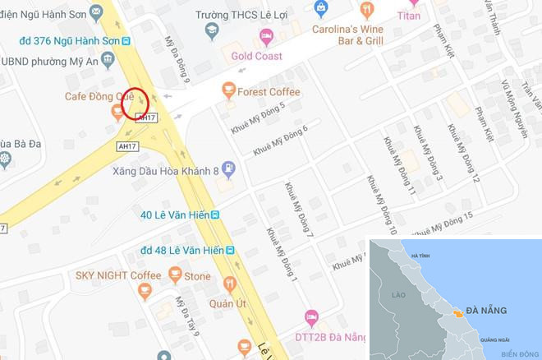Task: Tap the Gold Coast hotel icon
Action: pos(266,36)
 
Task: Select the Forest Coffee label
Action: pos(269,92)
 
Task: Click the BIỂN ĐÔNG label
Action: pos(516,353)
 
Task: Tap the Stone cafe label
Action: pos(197,277)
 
